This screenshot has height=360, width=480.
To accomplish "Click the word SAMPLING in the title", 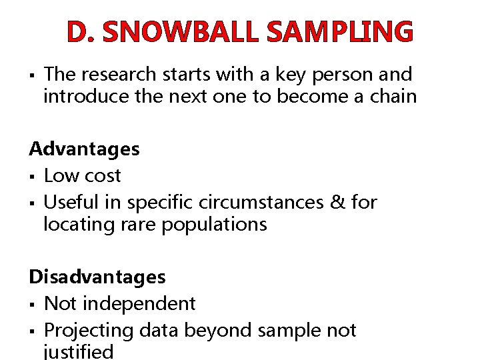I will click(x=339, y=31).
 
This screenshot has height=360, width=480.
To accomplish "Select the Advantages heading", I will click(x=84, y=149).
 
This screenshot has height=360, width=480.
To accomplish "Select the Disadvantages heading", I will click(x=97, y=276).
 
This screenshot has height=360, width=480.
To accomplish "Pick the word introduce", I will click(x=86, y=97).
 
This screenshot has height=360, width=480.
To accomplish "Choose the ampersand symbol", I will click(x=339, y=201).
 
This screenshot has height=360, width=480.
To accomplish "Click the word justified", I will click(x=78, y=351).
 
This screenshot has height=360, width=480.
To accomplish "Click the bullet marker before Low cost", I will click(x=31, y=177).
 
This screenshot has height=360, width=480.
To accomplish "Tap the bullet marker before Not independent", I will click(x=31, y=304).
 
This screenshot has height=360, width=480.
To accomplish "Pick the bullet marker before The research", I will click(x=31, y=75).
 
